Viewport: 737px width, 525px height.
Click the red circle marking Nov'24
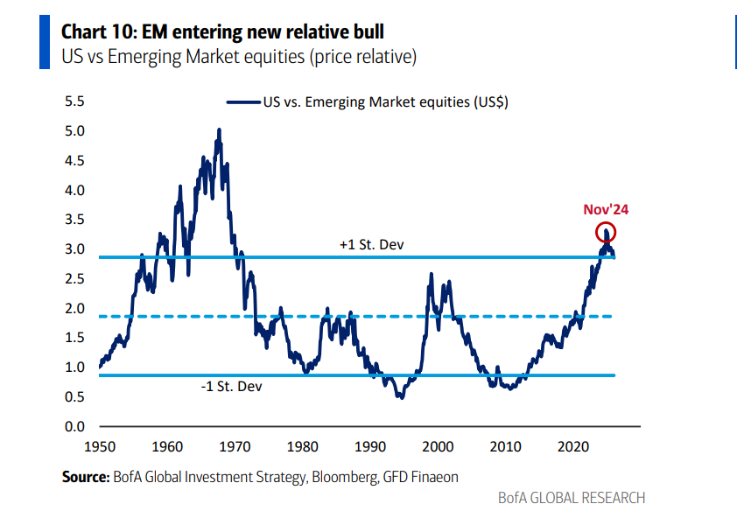point(606,233)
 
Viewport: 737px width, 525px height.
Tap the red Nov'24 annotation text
point(607,210)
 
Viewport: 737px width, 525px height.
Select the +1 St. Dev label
point(372,244)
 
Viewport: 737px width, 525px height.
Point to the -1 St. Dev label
point(232,385)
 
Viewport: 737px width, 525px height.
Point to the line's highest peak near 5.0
point(218,130)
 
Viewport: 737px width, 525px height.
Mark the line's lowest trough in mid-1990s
point(401,397)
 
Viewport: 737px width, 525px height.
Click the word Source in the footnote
point(84,477)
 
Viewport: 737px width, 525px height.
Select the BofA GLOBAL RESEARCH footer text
point(571,498)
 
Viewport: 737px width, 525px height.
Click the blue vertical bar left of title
point(45,43)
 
